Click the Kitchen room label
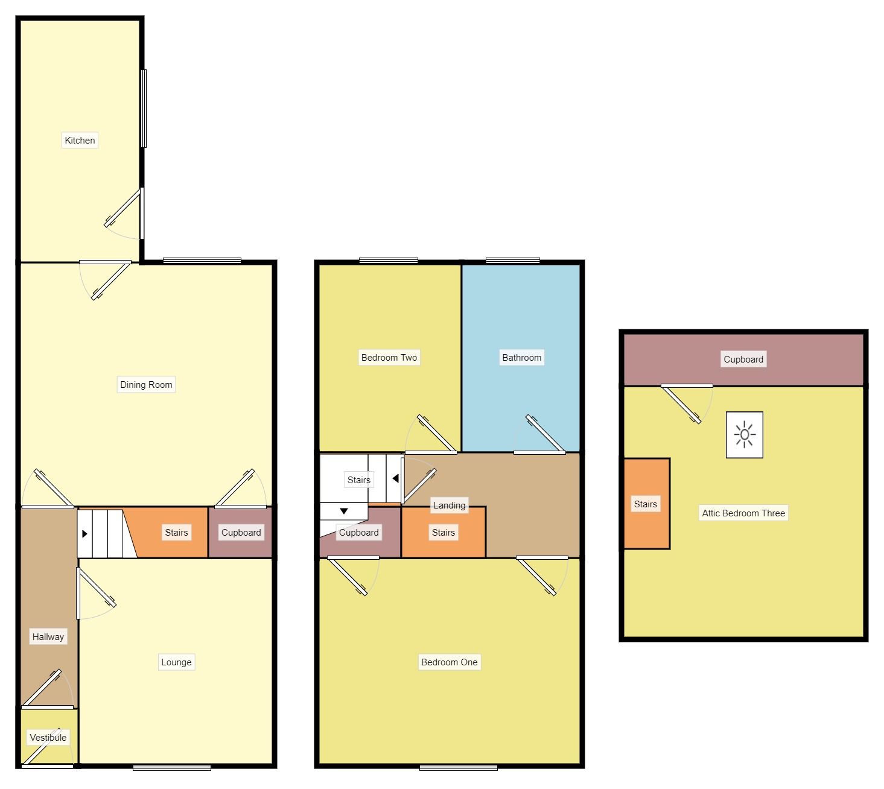click(80, 141)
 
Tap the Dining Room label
click(146, 385)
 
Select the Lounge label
click(176, 662)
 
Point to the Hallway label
click(48, 637)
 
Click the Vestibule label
click(48, 738)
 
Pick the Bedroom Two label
click(389, 358)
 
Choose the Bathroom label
click(521, 358)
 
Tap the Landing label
click(449, 505)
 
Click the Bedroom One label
click(449, 662)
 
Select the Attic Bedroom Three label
click(743, 513)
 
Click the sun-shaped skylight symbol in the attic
click(745, 435)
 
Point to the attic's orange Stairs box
click(646, 504)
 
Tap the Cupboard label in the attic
click(743, 360)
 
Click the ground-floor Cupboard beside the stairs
click(241, 533)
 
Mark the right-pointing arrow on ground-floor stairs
click(84, 534)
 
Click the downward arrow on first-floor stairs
click(343, 512)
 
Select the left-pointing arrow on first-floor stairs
click(395, 479)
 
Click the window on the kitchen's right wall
click(144, 109)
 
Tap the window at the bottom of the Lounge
click(172, 768)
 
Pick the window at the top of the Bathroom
click(512, 261)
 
